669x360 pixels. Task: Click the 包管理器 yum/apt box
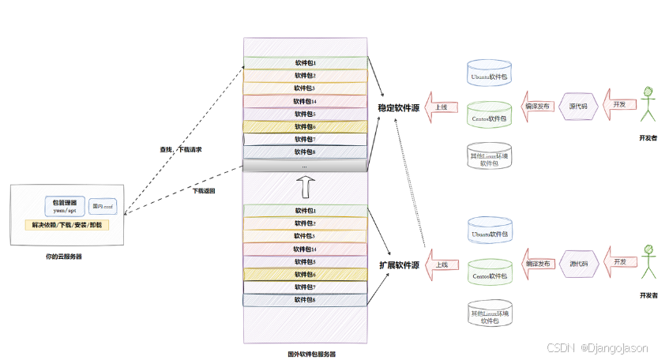[65, 207]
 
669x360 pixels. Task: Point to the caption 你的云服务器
[65, 257]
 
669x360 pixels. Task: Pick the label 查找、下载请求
[175, 148]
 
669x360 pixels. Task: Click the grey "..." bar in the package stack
[305, 167]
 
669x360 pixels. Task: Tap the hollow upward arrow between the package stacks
[305, 188]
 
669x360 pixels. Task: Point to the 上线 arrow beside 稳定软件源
[441, 107]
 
